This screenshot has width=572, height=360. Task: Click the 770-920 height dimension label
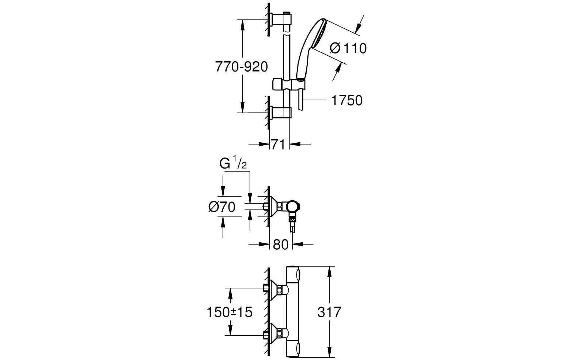pos(241,67)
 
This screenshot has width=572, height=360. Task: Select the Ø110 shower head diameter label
pos(348,48)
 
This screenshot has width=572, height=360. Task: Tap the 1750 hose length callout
pos(347,100)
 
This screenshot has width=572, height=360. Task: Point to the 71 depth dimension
pos(278,144)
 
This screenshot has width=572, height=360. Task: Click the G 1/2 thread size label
pos(233,164)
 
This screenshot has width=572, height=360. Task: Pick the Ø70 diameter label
pos(222,207)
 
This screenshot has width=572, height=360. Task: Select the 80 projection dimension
pos(280,244)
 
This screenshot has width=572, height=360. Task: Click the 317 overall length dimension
pos(329,312)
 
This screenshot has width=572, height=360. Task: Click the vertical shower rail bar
pos(286,55)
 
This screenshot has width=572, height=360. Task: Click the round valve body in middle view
pos(294,207)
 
